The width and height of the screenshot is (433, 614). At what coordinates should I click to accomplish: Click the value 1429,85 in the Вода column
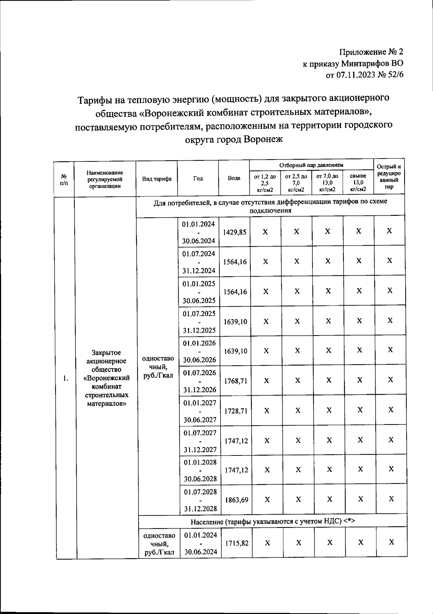(x=235, y=232)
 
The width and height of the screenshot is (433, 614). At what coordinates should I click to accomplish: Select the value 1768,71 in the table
(x=236, y=381)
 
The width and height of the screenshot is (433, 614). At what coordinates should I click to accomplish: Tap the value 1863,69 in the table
(x=236, y=500)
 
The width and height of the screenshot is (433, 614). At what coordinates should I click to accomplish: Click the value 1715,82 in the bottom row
(x=237, y=543)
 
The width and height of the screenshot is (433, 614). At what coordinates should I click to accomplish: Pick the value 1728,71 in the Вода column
(x=236, y=411)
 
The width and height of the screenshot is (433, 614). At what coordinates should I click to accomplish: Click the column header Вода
(x=234, y=178)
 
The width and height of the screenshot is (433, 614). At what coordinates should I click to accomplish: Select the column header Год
(x=198, y=178)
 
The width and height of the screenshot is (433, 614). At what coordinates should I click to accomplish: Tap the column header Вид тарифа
(x=157, y=179)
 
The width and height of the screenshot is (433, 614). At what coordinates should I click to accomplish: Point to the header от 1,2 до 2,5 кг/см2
(x=265, y=183)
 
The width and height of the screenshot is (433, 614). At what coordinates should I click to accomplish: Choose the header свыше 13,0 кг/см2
(x=358, y=183)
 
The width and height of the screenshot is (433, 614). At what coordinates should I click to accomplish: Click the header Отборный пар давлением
(x=311, y=165)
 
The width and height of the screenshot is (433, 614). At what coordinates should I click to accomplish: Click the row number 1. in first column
(x=65, y=378)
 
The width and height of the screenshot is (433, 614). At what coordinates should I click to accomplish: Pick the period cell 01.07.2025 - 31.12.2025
(x=199, y=322)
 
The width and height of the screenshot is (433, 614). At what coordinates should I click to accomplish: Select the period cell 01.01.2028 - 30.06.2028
(x=200, y=470)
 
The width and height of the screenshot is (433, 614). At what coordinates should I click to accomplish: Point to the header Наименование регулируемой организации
(x=105, y=179)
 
